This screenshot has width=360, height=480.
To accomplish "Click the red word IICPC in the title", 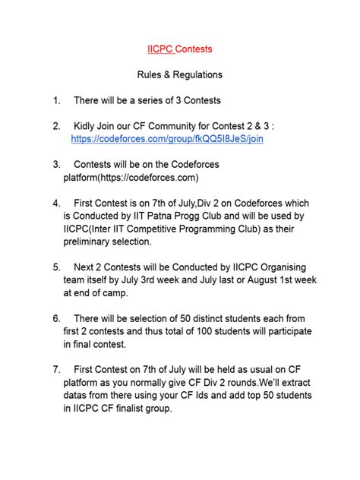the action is [160, 49].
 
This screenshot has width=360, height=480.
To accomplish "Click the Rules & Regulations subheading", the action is [179, 75].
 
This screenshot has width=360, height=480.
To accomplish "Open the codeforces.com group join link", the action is [167, 140].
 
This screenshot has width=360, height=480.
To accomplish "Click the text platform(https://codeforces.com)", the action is [131, 178].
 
